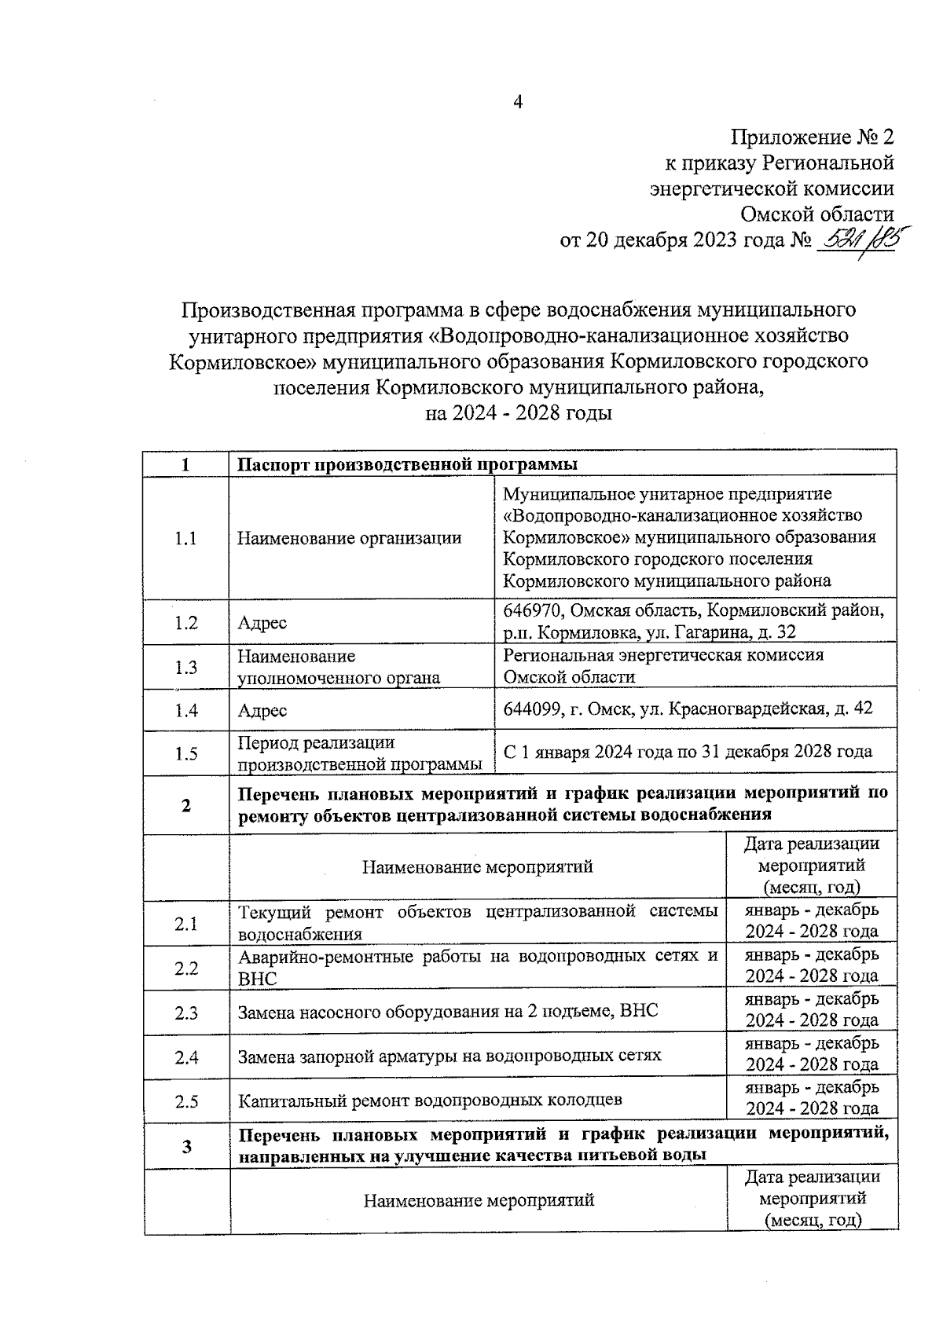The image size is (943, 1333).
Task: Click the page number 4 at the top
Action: (517, 102)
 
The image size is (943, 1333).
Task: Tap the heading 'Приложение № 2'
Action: (813, 138)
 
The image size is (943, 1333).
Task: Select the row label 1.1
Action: (185, 538)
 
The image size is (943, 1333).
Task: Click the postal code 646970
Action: (531, 610)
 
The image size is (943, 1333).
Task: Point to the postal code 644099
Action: (531, 709)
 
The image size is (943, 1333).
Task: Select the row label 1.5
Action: (185, 753)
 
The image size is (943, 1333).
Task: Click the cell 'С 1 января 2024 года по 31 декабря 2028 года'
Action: (687, 752)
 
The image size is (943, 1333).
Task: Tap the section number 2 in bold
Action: (185, 805)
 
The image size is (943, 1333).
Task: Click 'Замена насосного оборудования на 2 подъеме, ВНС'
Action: (448, 1012)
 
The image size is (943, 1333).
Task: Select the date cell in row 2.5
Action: (811, 1098)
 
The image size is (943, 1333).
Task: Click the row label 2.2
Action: (185, 968)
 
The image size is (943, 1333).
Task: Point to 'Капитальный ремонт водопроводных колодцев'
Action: (430, 1100)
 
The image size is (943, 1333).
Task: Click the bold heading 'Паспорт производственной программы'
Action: (407, 464)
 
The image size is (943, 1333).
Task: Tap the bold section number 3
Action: (186, 1146)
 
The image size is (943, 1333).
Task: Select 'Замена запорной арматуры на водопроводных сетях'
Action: (449, 1056)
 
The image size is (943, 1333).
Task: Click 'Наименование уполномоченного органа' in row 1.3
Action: (338, 667)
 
